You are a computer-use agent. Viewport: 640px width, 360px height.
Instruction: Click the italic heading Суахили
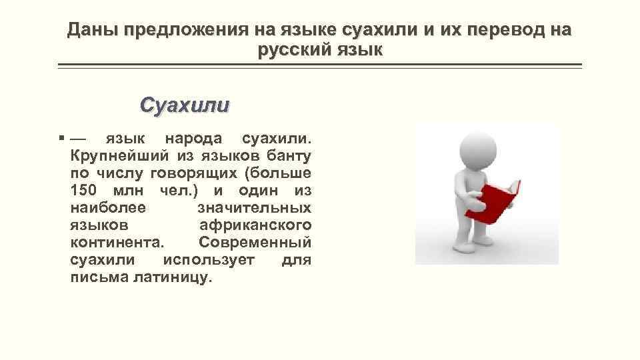pyautogui.click(x=185, y=105)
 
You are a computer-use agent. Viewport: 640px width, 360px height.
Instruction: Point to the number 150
pyautogui.click(x=84, y=191)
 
